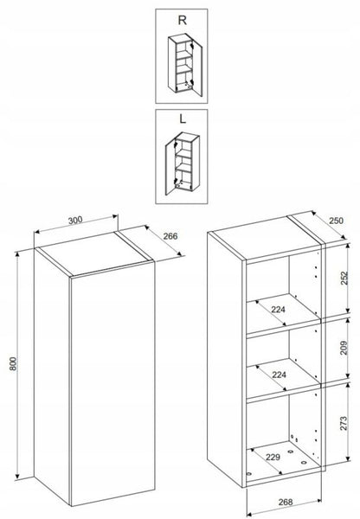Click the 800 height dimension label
[12, 364]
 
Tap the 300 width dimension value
[75, 220]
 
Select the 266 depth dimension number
[170, 236]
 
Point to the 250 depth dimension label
[336, 221]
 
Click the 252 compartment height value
[344, 278]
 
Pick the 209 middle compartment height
[344, 348]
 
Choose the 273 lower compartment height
[344, 423]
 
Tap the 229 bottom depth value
[273, 457]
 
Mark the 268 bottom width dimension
[286, 502]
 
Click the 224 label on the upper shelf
[278, 310]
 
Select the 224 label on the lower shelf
[279, 375]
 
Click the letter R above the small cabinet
[182, 20]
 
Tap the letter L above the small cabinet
[182, 119]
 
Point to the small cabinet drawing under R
[185, 65]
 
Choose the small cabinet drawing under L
[182, 164]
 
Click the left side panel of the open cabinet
[226, 359]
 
